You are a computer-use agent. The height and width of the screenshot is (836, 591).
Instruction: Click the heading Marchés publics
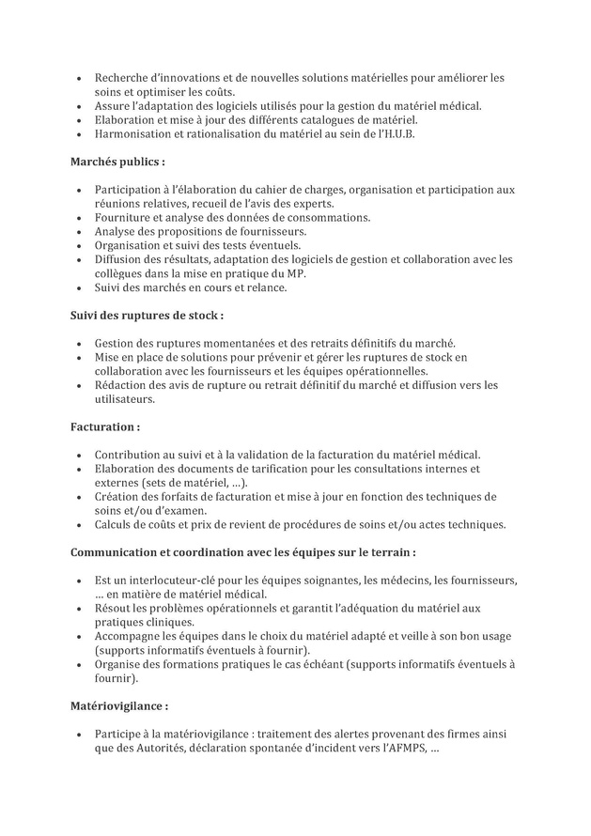tap(117, 163)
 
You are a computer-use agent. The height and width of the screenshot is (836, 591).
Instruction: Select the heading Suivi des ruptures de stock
tap(148, 315)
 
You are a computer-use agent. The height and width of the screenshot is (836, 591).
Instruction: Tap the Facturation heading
tap(105, 426)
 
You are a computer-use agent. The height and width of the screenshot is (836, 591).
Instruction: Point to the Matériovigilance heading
tap(120, 704)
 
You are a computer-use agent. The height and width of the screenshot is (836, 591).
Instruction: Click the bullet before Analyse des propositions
tap(76, 231)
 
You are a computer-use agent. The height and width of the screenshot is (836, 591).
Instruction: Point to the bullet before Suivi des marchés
tap(76, 287)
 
